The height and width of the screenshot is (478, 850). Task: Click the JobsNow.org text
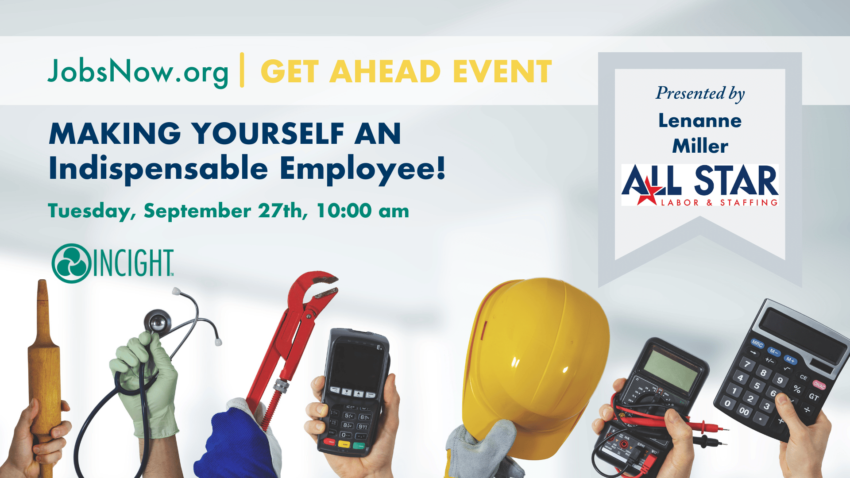coord(138,72)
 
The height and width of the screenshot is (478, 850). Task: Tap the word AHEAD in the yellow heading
coord(385,72)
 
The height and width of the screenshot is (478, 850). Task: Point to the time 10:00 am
coord(363,211)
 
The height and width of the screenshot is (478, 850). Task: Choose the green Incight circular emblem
coord(71,263)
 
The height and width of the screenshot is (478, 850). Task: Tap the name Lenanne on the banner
coord(700,121)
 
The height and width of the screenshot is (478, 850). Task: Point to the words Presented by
coord(700,94)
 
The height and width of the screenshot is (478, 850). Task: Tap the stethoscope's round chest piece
coord(158,322)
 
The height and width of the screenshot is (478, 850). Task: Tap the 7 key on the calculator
coord(747,364)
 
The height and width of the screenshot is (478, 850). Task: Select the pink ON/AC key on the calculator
coord(819,385)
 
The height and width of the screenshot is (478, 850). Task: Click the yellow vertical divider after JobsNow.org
coord(242,70)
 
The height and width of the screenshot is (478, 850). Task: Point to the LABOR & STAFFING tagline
coord(719,203)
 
